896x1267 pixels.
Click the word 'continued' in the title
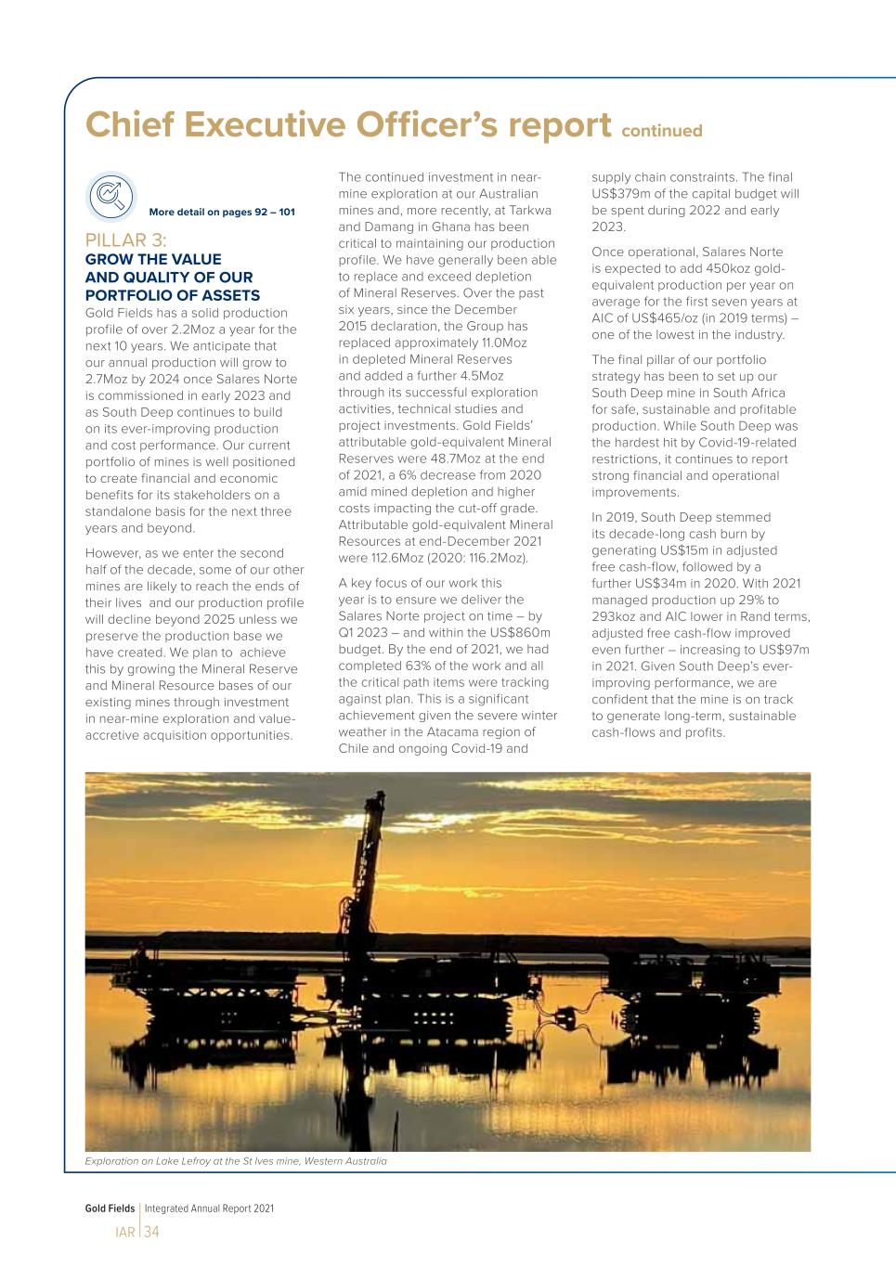pyautogui.click(x=661, y=131)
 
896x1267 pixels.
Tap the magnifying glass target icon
pyautogui.click(x=110, y=195)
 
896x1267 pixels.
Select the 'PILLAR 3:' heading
pyautogui.click(x=126, y=241)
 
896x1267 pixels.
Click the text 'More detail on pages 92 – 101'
pyautogui.click(x=222, y=212)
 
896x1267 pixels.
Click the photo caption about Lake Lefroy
pyautogui.click(x=236, y=1161)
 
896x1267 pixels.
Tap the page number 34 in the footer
pyautogui.click(x=152, y=1233)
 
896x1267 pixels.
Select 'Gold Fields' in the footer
pyautogui.click(x=110, y=1209)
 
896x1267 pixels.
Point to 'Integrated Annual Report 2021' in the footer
pyautogui.click(x=209, y=1209)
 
